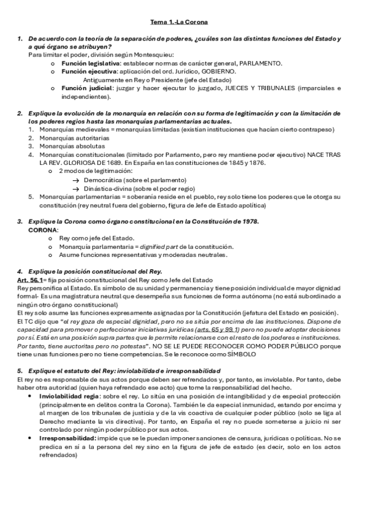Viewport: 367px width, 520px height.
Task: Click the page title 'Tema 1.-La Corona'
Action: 183,22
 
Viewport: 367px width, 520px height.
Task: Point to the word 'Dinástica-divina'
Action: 104,188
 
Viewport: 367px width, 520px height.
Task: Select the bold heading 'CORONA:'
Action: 44,229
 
